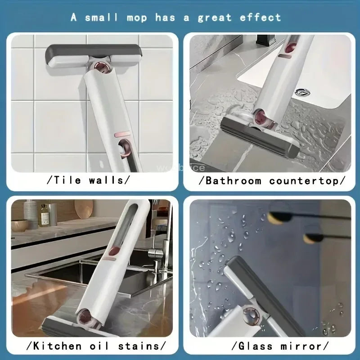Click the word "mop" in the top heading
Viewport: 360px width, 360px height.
click(137, 18)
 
